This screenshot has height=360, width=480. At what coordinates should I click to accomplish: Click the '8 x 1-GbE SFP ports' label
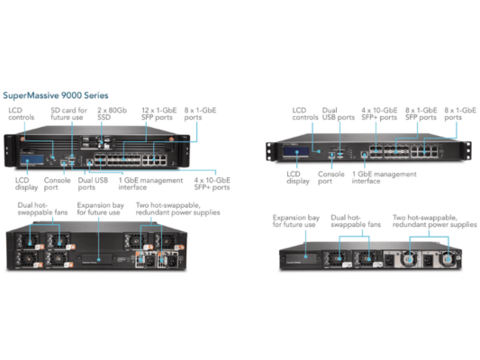pyautogui.click(x=201, y=112)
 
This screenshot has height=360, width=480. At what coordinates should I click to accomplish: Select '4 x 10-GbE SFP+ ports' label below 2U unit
pyautogui.click(x=211, y=184)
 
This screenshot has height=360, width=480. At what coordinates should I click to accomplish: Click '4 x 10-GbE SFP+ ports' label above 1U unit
pyautogui.click(x=377, y=115)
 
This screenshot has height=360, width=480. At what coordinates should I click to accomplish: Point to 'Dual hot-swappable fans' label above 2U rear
pyautogui.click(x=42, y=210)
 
